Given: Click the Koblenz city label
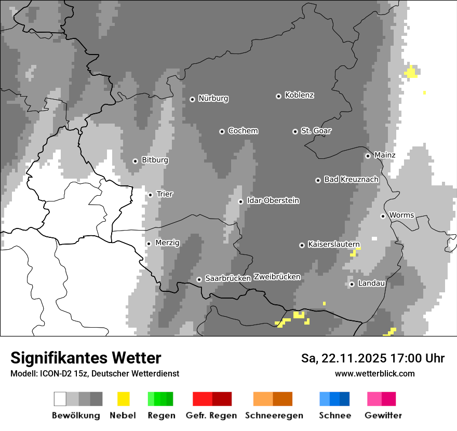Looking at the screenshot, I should coord(299,96).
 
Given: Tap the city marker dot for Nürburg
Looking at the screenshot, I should coord(192,99).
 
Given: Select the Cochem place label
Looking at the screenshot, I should coord(243,131).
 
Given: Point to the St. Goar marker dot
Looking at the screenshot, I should coord(295,132).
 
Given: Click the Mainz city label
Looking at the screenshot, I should coord(384,155).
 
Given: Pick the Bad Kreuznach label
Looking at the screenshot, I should coord(351,179).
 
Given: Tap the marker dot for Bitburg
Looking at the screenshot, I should coord(135,161).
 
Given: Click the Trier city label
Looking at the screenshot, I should coord(165,194).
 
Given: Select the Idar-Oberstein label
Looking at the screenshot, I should coord(273,200).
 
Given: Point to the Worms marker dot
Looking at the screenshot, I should coord(383,216).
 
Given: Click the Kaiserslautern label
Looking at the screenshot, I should coord(333,244).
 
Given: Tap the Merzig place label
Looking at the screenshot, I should coord(167,243).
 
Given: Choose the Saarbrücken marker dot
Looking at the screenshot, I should coord(199,279).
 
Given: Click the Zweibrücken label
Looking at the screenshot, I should coord(277,277).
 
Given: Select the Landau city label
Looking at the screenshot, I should coord(371,283).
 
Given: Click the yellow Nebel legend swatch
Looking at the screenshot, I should coord(124,399).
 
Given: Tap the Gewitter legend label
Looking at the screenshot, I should coord(383,415).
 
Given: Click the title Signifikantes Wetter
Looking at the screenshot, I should coord(86,358).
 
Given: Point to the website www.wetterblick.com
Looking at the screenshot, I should coord(374,373).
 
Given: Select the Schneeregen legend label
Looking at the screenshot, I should coord(274,415).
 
